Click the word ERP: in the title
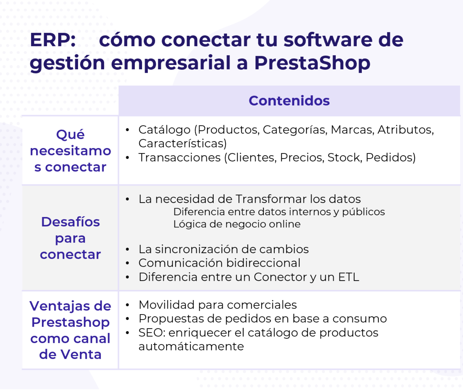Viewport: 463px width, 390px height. [53, 40]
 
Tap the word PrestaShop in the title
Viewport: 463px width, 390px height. [312, 63]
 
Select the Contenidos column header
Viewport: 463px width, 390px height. [289, 101]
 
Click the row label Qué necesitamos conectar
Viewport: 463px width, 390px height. [70, 151]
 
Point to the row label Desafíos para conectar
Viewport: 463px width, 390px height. [70, 238]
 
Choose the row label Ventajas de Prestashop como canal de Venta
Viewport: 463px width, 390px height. [70, 330]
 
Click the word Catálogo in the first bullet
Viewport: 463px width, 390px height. [165, 130]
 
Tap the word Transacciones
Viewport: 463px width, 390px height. [180, 158]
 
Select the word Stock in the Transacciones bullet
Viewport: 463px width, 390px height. [344, 158]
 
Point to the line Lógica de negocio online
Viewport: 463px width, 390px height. [237, 224]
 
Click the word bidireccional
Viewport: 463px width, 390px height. [263, 263]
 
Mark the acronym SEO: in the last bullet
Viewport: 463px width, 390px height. [152, 333]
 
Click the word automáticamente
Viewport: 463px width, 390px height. [191, 347]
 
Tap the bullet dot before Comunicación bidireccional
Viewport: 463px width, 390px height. [127, 263]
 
